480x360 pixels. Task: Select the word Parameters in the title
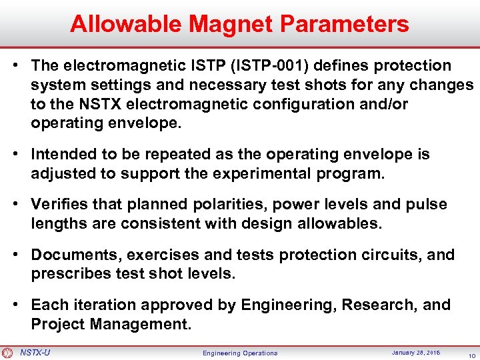pos(345,24)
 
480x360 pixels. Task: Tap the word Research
pos(370,305)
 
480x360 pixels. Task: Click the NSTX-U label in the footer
pos(35,352)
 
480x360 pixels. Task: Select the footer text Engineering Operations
pos(240,353)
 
